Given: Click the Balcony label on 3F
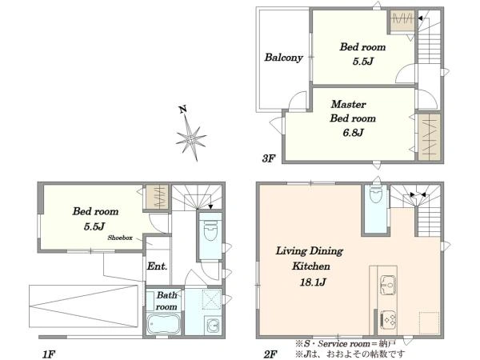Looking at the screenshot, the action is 283,58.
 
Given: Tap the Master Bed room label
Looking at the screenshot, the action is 353,111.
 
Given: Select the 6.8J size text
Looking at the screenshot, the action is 354,133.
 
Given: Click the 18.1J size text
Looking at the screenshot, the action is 313,282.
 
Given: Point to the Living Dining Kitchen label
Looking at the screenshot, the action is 310,258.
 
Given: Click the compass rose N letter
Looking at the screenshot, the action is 183,110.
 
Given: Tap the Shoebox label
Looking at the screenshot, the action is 120,238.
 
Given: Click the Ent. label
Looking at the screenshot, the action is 157,266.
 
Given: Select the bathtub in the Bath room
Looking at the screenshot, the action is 163,324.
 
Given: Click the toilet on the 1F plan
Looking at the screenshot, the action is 210,228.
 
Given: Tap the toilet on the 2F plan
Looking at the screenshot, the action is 376,195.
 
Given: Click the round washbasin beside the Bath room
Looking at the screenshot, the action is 213,325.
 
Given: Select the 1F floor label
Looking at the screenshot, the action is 49,354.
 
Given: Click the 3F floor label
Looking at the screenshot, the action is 269,158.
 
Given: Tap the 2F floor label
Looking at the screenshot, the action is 270,354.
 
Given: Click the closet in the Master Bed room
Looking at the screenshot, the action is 429,137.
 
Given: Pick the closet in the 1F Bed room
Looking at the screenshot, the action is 157,197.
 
